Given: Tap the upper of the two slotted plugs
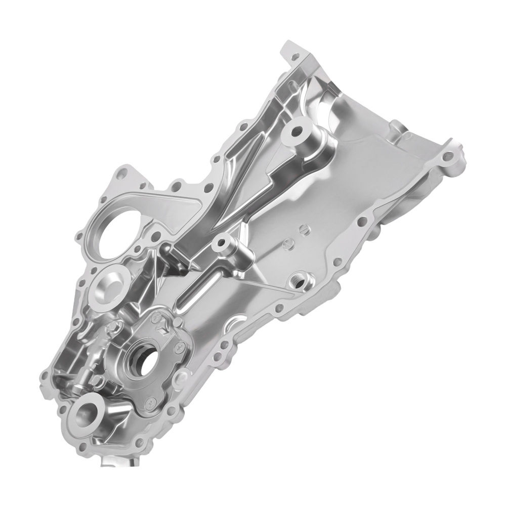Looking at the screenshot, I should coord(304,229).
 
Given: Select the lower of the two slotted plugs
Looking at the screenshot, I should coord(288,245).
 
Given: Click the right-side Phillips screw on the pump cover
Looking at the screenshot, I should coord(179,347).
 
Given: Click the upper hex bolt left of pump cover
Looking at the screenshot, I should coord(114,328).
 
